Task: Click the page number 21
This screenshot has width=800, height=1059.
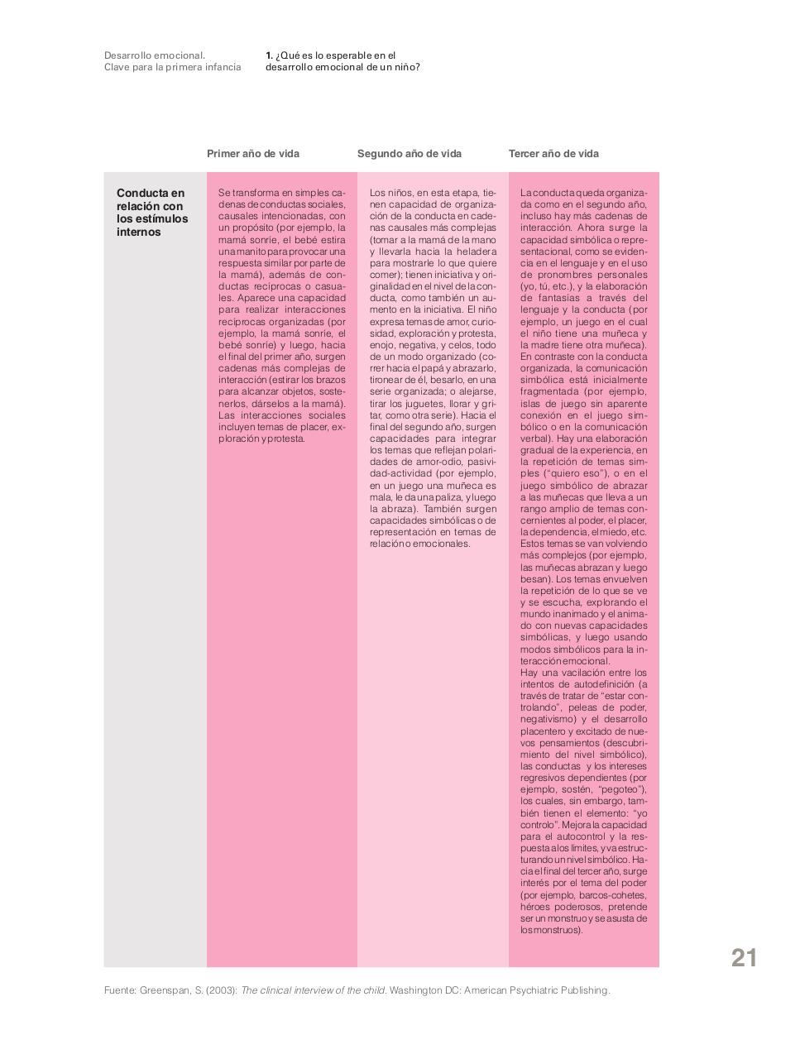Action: (x=744, y=957)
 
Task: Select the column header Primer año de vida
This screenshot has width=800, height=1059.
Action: (x=253, y=154)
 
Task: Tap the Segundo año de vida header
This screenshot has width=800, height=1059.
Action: (x=410, y=154)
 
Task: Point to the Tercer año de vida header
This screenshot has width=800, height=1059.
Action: (x=553, y=154)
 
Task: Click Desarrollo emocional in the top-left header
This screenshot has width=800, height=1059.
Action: (x=155, y=55)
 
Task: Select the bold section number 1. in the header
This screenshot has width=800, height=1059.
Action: (x=270, y=55)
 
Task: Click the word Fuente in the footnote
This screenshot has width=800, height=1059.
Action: (x=119, y=990)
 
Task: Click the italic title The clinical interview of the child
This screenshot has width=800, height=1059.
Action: (x=313, y=990)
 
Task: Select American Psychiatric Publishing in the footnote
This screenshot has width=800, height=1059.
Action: (x=536, y=990)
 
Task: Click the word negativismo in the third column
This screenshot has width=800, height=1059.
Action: (x=549, y=720)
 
